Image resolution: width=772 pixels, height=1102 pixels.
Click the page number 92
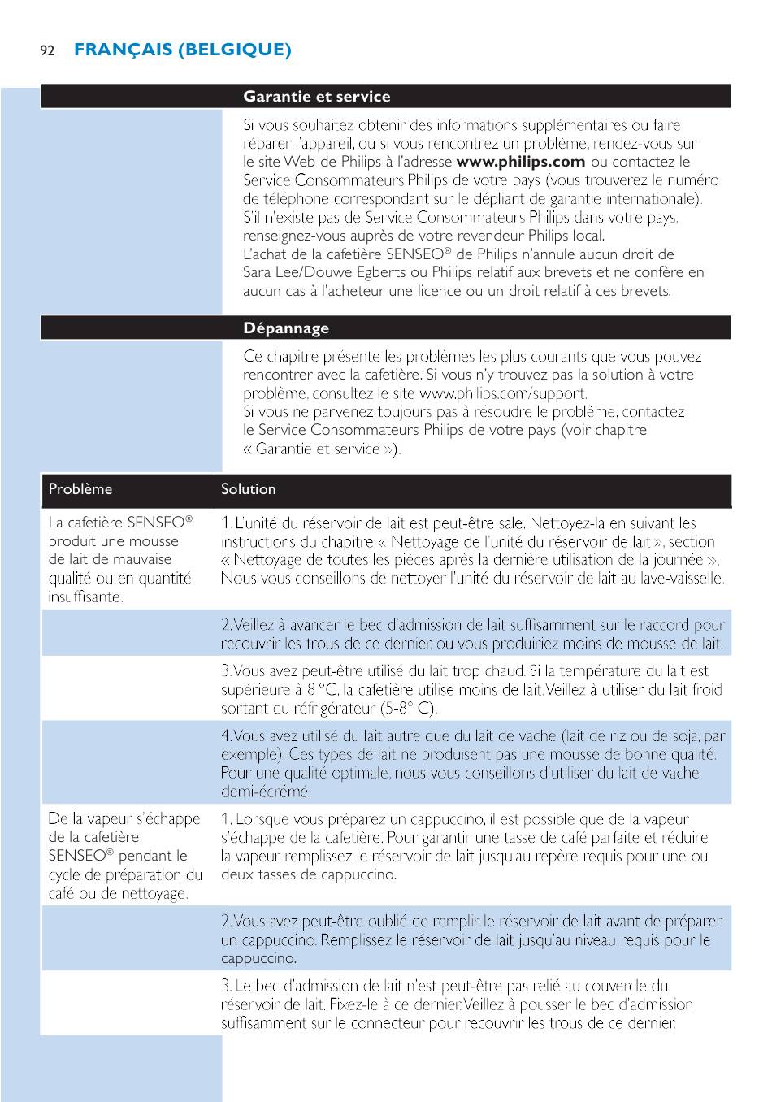pos(47,50)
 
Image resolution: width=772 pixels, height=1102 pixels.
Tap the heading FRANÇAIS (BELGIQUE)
pos(182,50)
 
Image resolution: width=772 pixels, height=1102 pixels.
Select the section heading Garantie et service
pos(316,97)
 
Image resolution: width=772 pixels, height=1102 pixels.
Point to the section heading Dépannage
pos(286,328)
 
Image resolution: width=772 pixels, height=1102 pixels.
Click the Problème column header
pos(80,489)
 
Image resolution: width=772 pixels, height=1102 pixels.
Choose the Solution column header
pos(249,489)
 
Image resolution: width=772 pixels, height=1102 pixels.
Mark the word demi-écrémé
pos(266,792)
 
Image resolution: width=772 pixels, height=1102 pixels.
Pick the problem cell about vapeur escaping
pos(124,856)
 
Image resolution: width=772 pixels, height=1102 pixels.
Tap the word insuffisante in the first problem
pos(85,597)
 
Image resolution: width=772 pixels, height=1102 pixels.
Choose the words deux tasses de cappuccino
pos(309,875)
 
